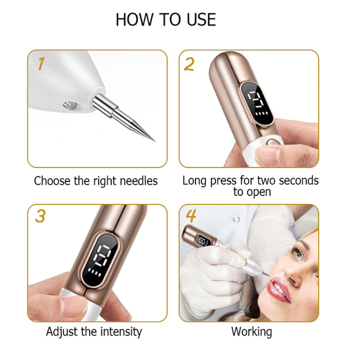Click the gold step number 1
(x=41, y=64)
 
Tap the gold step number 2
(x=189, y=64)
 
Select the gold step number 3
(x=40, y=216)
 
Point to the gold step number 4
(x=191, y=216)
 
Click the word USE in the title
(x=202, y=20)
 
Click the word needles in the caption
(x=139, y=181)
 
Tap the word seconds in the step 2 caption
(x=299, y=181)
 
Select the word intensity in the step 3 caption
(x=121, y=332)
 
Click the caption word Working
(x=251, y=332)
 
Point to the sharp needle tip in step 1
(x=155, y=141)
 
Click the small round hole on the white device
(x=70, y=105)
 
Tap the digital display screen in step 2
(x=258, y=102)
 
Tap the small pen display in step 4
(x=204, y=241)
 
